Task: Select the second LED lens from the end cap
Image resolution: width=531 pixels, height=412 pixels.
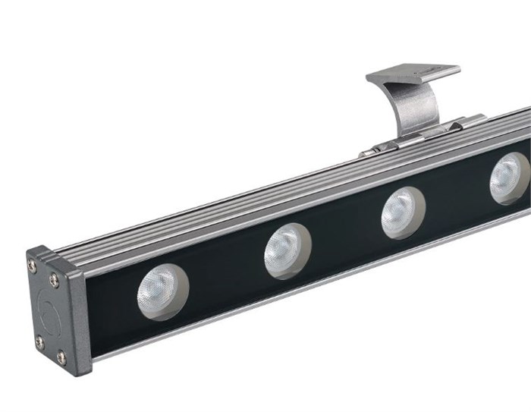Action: pyautogui.click(x=287, y=251)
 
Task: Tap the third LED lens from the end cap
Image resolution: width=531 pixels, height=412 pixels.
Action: pyautogui.click(x=402, y=212)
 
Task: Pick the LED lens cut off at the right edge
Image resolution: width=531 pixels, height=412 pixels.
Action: pyautogui.click(x=510, y=179)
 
